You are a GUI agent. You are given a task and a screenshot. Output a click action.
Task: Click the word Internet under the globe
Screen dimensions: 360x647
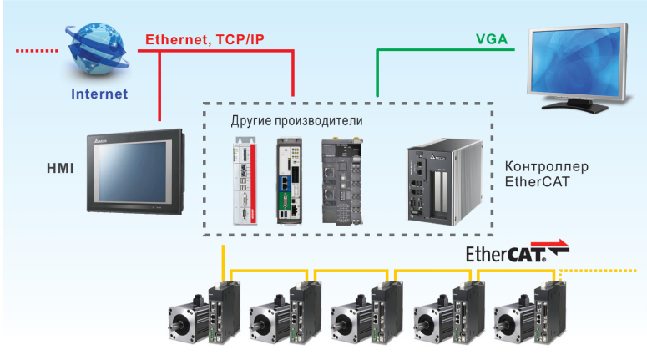[99, 94]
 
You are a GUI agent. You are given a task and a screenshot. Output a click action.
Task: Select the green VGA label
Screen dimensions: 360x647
[491, 39]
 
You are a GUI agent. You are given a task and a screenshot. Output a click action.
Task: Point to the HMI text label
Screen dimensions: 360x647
[60, 169]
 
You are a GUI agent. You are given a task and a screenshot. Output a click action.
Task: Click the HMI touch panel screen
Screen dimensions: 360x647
[133, 172]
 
